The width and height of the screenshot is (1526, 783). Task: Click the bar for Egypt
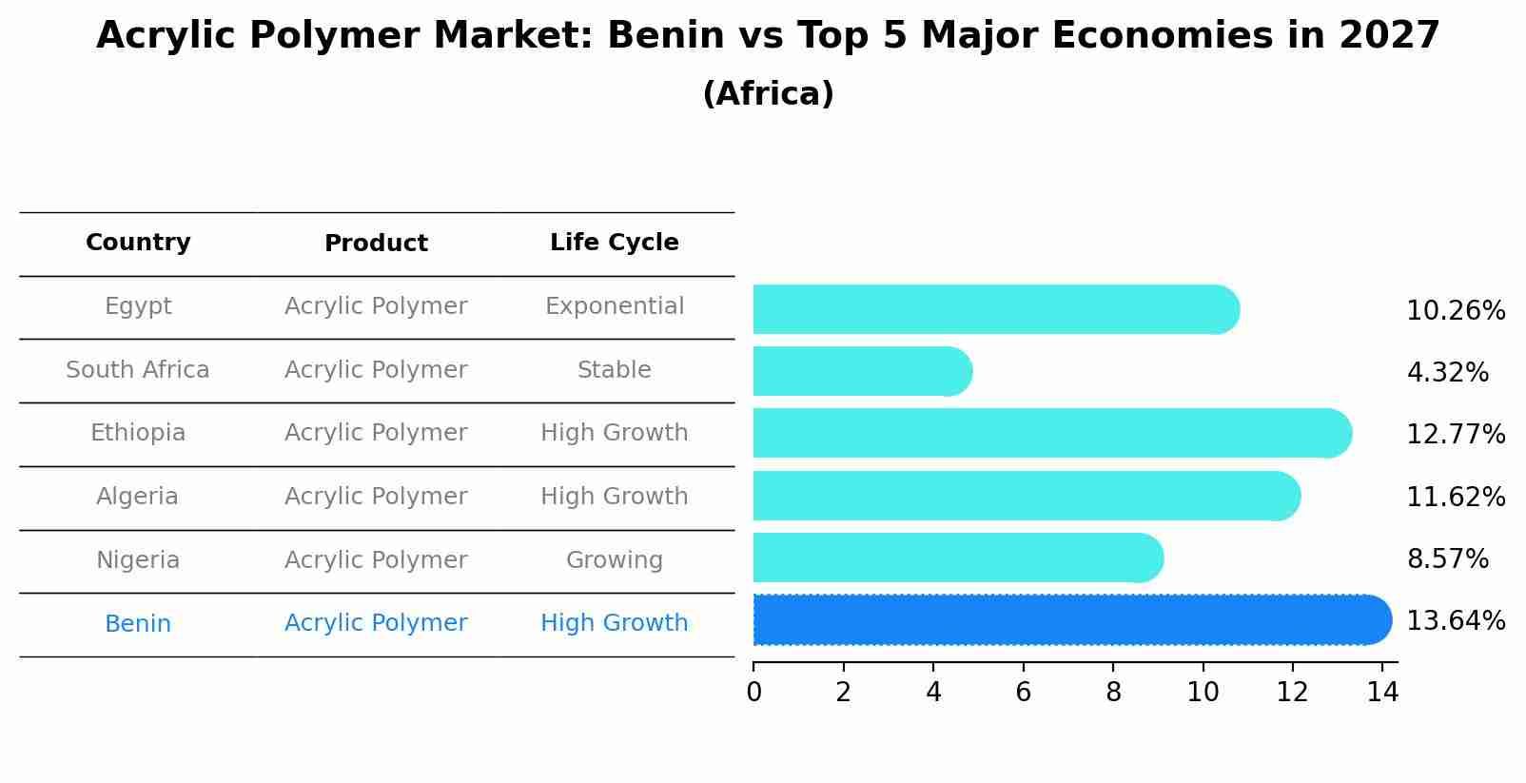pyautogui.click(x=994, y=309)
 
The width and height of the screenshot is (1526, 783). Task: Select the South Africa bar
pyautogui.click(x=861, y=371)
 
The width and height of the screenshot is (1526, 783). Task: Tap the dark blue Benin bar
pyautogui.click(x=1070, y=620)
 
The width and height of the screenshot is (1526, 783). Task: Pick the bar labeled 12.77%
pyautogui.click(x=1051, y=433)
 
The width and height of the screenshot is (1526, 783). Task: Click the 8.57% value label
pyautogui.click(x=1447, y=559)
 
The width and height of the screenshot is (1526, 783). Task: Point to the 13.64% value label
pyautogui.click(x=1456, y=621)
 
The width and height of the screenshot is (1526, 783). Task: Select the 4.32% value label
pyautogui.click(x=1447, y=373)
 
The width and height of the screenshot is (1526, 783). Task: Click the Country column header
pyautogui.click(x=138, y=243)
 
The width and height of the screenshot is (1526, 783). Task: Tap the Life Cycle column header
pyautogui.click(x=614, y=243)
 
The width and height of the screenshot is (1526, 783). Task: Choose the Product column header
pyautogui.click(x=376, y=244)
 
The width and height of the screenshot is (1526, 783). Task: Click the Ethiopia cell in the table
pyautogui.click(x=138, y=433)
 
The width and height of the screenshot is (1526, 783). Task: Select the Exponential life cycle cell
pyautogui.click(x=614, y=306)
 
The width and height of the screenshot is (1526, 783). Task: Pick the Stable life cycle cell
pyautogui.click(x=614, y=370)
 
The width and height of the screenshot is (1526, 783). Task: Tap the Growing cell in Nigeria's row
pyautogui.click(x=614, y=560)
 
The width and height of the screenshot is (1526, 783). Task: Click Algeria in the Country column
pyautogui.click(x=138, y=497)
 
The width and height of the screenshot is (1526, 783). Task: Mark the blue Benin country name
pyautogui.click(x=138, y=624)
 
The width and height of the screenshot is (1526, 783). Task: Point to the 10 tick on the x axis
pyautogui.click(x=1203, y=693)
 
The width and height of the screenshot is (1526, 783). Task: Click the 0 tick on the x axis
pyautogui.click(x=753, y=693)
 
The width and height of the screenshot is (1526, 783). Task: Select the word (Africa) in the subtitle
pyautogui.click(x=768, y=94)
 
